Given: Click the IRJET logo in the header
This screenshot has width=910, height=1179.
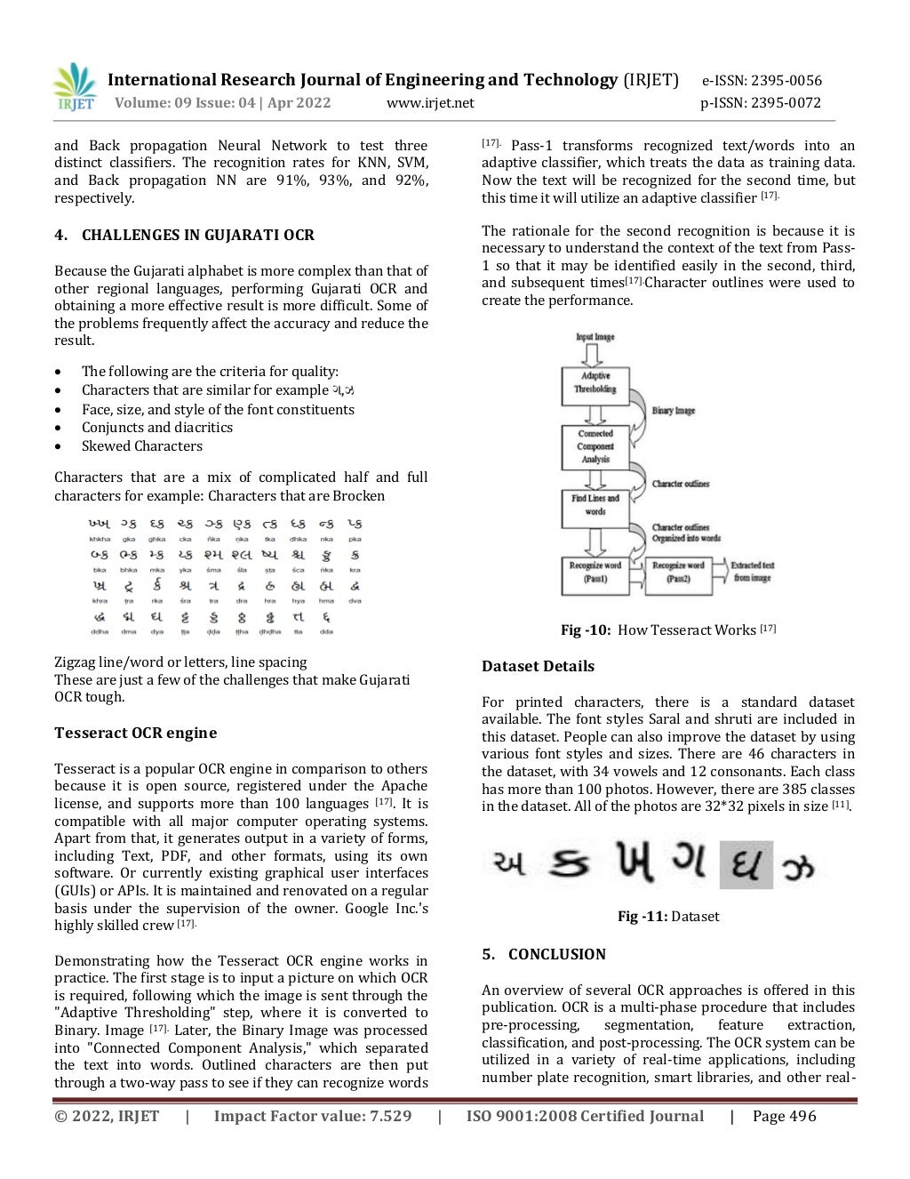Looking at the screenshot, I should [75, 87].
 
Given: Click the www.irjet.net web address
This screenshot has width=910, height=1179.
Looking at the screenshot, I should [430, 103].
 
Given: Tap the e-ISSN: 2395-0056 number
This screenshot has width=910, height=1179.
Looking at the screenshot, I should [762, 80].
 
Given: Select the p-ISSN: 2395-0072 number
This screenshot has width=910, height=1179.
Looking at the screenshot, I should [761, 103].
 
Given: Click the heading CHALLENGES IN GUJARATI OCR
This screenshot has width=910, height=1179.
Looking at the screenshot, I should [197, 236].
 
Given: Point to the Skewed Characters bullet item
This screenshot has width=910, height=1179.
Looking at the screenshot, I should [141, 446].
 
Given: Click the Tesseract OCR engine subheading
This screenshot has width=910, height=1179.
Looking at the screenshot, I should [135, 734].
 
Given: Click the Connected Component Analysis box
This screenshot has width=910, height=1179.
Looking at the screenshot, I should [595, 446].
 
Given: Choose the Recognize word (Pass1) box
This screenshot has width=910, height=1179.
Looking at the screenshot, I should [595, 573].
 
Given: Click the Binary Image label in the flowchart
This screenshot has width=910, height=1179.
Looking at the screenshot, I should [674, 411].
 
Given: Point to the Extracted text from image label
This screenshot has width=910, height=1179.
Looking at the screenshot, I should [752, 572].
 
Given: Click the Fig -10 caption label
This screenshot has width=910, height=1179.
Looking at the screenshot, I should [586, 630].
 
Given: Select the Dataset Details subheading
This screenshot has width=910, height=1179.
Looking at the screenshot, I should [538, 667].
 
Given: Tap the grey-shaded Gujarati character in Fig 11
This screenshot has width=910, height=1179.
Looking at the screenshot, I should [746, 865].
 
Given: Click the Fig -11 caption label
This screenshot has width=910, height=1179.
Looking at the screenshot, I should [643, 917].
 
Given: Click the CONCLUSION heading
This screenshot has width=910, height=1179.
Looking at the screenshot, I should [556, 955].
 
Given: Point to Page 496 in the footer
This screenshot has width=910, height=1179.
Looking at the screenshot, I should [784, 1117].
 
